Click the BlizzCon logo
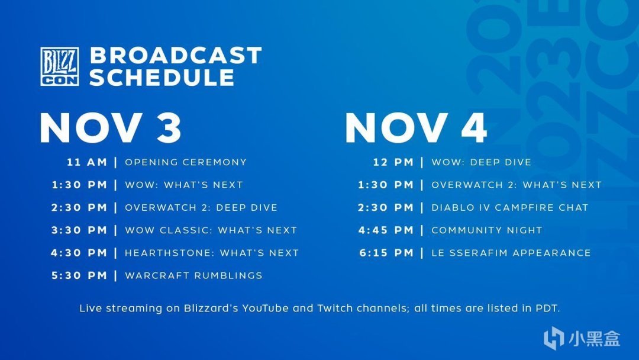point(60,66)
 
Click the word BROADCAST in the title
point(176,56)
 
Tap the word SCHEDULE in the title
point(162,77)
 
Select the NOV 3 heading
point(111,128)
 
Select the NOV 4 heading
point(416,128)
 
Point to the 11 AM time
point(87,162)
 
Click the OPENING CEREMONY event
point(186,162)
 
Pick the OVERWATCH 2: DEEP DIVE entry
point(201,207)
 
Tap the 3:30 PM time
point(79,230)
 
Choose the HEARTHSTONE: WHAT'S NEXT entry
point(212,253)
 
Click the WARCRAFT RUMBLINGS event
point(193,275)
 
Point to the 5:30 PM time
point(79,275)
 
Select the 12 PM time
point(393,162)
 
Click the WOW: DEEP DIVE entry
point(481,162)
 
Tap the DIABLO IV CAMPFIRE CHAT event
point(510,207)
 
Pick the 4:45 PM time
point(386,230)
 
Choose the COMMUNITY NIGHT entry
point(487,230)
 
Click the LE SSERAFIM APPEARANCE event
point(511,253)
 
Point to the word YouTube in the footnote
point(265,308)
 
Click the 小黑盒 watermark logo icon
point(554,338)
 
